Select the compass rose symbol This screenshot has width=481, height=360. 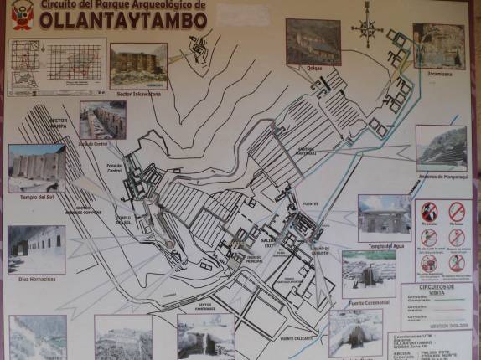coord(367,28)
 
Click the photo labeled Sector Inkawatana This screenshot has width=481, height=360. coord(137,64)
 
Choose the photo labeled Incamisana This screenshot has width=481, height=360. coord(438,44)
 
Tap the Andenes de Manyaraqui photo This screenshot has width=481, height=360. coord(442,147)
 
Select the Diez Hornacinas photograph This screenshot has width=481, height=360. coord(36,249)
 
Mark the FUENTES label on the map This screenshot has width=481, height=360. coord(313,203)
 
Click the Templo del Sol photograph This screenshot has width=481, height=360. coord(36,167)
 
